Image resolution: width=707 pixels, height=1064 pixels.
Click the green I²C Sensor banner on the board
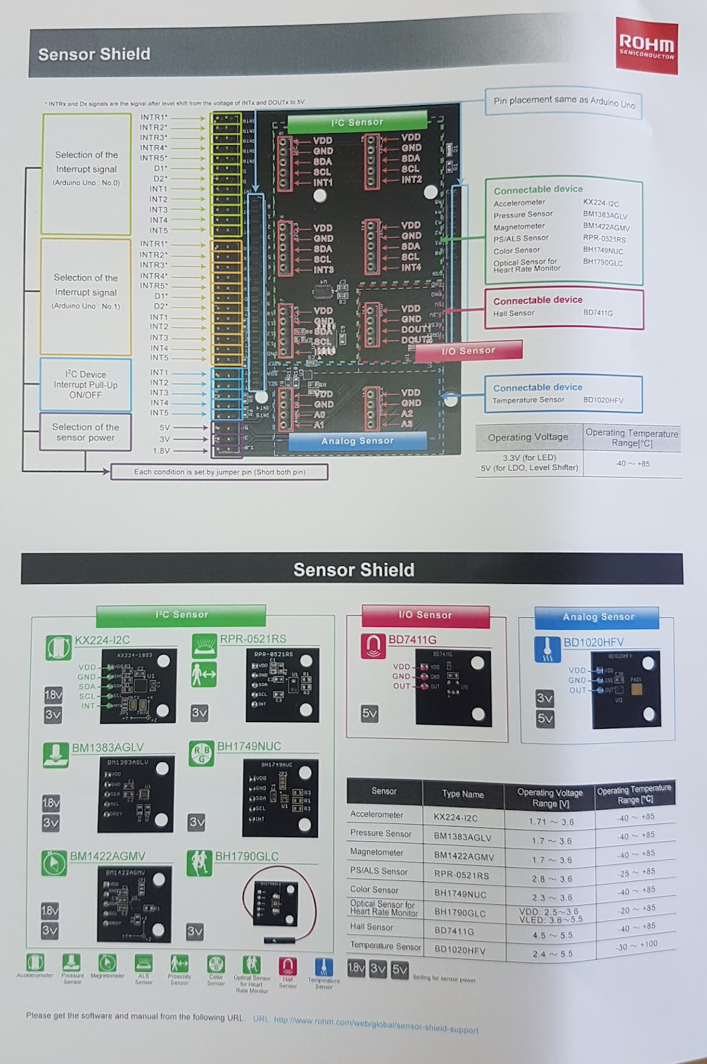357,122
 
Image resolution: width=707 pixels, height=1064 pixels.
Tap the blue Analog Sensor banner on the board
357,441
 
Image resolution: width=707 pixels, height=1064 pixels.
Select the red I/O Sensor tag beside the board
468,350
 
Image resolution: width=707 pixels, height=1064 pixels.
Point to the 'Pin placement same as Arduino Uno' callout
563,102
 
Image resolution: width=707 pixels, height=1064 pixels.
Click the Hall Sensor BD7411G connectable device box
563,308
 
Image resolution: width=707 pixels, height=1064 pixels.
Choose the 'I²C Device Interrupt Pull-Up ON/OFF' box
85,384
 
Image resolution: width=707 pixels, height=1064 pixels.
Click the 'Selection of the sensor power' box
85,432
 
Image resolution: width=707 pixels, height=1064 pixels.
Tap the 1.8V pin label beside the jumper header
161,450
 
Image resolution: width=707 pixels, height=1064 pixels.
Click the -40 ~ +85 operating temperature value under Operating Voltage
632,464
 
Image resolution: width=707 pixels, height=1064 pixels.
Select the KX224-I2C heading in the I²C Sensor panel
102,640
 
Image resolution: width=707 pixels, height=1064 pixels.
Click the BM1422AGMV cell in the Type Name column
464,857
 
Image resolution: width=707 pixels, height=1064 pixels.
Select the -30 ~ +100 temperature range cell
636,945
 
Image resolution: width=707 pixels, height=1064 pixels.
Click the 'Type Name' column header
463,794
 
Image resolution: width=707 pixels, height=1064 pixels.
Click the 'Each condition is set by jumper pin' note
219,472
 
